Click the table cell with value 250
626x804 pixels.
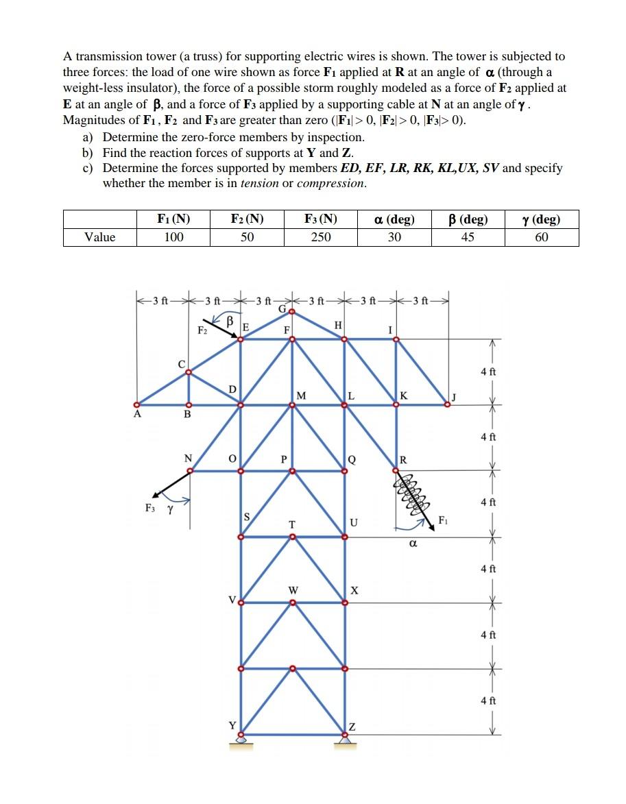pos(320,237)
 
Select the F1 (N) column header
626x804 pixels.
pos(173,219)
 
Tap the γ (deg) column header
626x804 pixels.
pos(541,219)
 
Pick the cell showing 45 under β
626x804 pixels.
pos(468,237)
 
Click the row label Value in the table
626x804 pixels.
pos(100,237)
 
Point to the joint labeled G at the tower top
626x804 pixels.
pos(292,312)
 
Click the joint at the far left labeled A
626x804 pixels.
pos(136,404)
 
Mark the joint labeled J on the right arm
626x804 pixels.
pos(446,404)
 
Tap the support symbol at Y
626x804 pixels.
pos(241,739)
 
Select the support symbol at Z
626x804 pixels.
pos(346,739)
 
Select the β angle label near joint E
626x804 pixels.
pos(231,321)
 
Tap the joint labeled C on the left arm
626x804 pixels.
pos(189,371)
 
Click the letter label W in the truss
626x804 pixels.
pos(293,589)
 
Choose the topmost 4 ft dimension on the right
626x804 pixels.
pos(487,371)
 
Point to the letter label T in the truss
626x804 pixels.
pos(292,524)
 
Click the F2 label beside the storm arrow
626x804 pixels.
pos(202,331)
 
